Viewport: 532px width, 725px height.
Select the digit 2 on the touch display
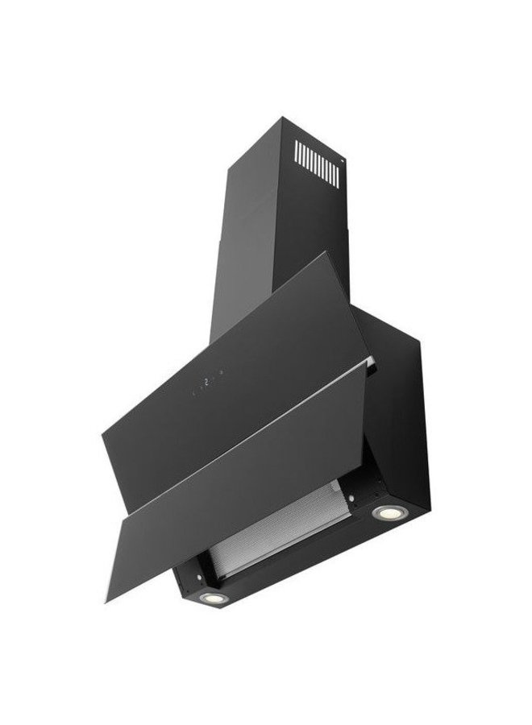[207, 383]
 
